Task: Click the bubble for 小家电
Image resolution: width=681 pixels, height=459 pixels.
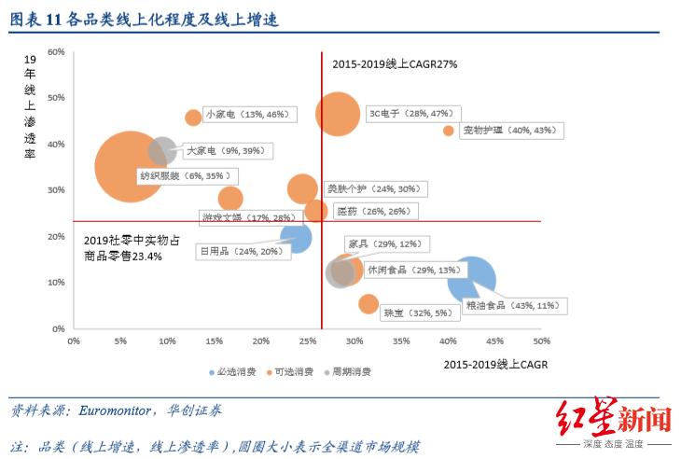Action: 193,118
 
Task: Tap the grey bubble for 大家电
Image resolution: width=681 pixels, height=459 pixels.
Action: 162,149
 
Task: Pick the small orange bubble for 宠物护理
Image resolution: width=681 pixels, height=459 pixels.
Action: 449,132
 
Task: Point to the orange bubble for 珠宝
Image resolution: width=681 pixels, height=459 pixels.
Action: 368,304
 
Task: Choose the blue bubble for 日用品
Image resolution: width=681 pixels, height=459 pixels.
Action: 295,238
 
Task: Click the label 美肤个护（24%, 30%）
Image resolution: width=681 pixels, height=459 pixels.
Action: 374,188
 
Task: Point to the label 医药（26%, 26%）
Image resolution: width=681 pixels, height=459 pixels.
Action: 372,212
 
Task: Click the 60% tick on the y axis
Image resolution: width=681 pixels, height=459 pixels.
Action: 55,51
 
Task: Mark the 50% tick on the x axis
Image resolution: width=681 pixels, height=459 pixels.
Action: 540,341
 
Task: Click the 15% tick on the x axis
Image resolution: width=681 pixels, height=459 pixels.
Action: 214,341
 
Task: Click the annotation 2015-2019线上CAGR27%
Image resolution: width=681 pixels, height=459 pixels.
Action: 395,64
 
